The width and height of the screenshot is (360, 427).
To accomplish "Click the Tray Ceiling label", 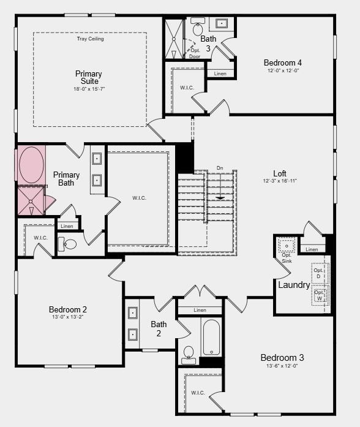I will (x=90, y=39).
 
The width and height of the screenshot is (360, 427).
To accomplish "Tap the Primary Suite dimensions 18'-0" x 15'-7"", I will (x=89, y=89).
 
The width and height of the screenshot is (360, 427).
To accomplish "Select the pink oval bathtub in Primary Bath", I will (x=30, y=164).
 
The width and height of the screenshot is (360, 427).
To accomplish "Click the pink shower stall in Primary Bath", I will (x=30, y=200).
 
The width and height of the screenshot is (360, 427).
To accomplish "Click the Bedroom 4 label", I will (x=282, y=62).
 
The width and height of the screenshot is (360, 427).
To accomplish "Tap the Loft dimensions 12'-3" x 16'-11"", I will (x=280, y=181).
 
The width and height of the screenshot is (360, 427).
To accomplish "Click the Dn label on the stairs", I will (x=220, y=168).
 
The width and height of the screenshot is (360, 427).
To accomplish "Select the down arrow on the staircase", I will (x=220, y=197).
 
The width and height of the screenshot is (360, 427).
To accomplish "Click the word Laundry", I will (x=294, y=285).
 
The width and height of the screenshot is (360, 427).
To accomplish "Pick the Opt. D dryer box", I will (x=320, y=273).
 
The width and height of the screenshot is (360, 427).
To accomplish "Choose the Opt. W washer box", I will (x=320, y=296).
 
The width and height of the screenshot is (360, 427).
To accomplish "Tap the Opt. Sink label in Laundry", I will (x=287, y=258).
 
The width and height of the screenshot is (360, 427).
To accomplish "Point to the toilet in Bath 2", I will (x=189, y=353).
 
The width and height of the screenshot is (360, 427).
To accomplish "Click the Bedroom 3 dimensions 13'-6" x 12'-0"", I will (x=282, y=366).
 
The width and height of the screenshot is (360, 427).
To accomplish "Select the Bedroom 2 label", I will (x=68, y=309).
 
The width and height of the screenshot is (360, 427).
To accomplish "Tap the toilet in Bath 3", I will (x=198, y=28).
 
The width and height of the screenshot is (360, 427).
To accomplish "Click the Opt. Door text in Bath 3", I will (x=195, y=53).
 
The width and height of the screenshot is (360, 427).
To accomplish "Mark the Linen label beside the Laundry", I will (x=312, y=249).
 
